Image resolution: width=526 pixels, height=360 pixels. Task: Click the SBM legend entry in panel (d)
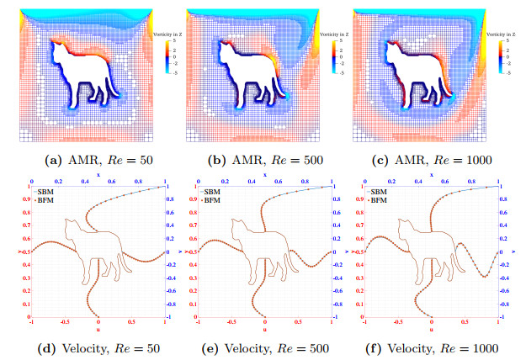[x=43, y=193]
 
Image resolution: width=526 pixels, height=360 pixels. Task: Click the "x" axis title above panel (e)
[x=265, y=174]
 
